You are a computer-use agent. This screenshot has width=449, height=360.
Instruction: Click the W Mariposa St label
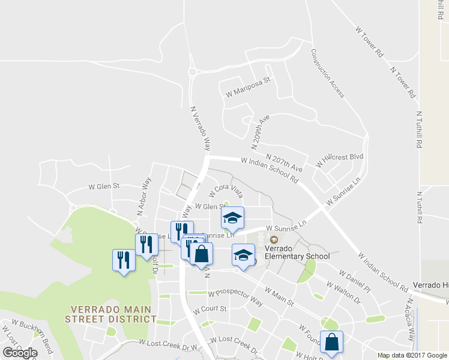pos(248,86)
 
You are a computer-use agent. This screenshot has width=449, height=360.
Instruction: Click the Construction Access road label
pos(327,73)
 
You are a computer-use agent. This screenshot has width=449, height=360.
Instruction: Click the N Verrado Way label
pos(201,128)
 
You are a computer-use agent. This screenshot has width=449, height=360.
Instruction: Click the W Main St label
pos(274,296)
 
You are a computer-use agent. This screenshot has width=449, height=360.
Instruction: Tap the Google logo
pos(20,353)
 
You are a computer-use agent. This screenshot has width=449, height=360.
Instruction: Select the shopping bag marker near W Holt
pos(331,343)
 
